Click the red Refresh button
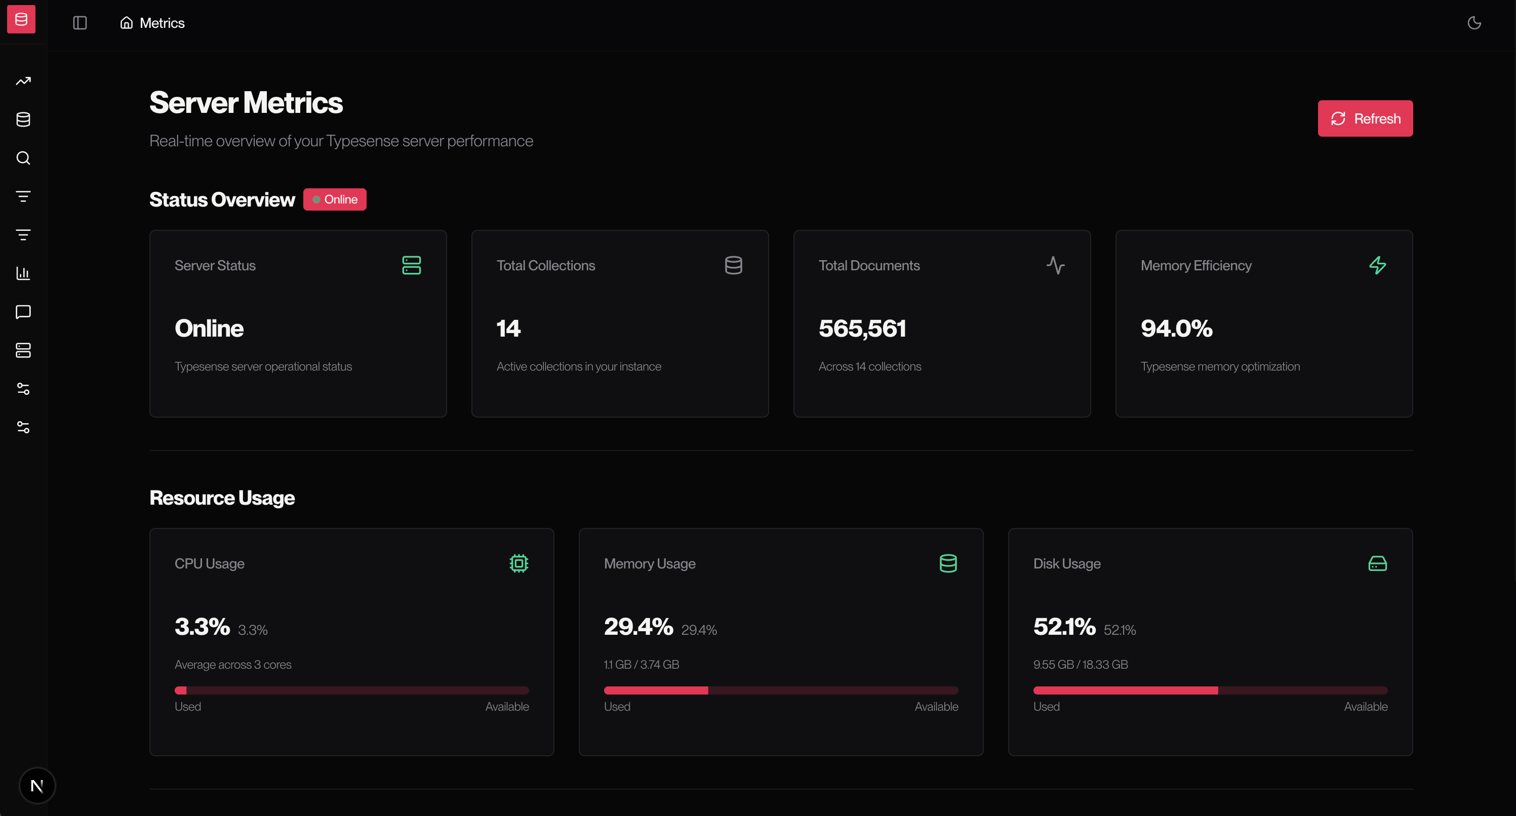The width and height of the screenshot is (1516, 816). click(1365, 118)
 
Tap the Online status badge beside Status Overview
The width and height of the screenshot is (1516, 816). click(335, 199)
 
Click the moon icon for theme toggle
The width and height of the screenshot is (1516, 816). click(1473, 23)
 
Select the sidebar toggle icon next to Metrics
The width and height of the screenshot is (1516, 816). click(80, 23)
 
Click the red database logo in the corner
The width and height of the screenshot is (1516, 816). click(21, 19)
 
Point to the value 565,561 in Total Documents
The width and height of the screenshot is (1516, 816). click(862, 329)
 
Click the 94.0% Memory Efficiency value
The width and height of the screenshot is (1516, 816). click(1176, 329)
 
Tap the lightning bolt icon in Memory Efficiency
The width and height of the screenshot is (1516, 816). click(1377, 265)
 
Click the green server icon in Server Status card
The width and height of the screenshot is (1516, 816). click(411, 265)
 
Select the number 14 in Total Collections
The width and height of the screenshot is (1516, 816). click(508, 329)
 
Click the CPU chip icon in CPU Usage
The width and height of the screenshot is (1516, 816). click(518, 563)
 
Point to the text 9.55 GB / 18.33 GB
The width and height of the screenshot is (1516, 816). click(1081, 664)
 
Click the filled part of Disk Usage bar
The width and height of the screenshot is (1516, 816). click(1125, 690)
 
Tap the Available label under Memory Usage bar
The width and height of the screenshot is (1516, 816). click(936, 707)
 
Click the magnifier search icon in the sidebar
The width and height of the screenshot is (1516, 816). click(23, 157)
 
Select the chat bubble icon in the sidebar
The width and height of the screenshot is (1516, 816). click(23, 312)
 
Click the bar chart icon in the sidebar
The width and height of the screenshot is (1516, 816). click(23, 273)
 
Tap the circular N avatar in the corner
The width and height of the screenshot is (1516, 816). click(37, 786)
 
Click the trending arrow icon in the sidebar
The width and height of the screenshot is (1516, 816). click(23, 81)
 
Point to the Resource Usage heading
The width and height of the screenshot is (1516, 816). click(222, 498)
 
